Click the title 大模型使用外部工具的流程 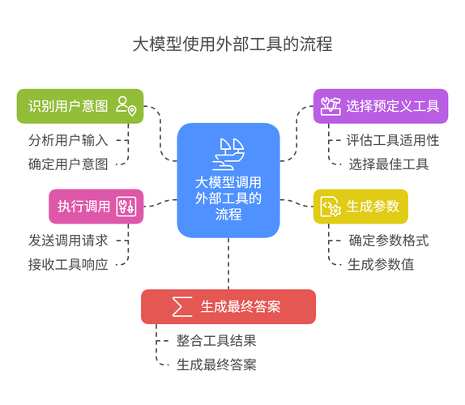pyautogui.click(x=232, y=44)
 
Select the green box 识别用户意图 pyautogui.click(x=68, y=106)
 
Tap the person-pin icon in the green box pyautogui.click(x=126, y=105)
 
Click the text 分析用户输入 pyautogui.click(x=68, y=139)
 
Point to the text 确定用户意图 pyautogui.click(x=68, y=164)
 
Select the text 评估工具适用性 pyautogui.click(x=392, y=139)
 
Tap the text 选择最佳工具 pyautogui.click(x=389, y=164)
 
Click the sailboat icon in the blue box pyautogui.click(x=228, y=151)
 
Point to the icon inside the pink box pyautogui.click(x=127, y=206)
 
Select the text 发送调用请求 pyautogui.click(x=68, y=240)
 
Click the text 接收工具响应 pyautogui.click(x=68, y=263)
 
